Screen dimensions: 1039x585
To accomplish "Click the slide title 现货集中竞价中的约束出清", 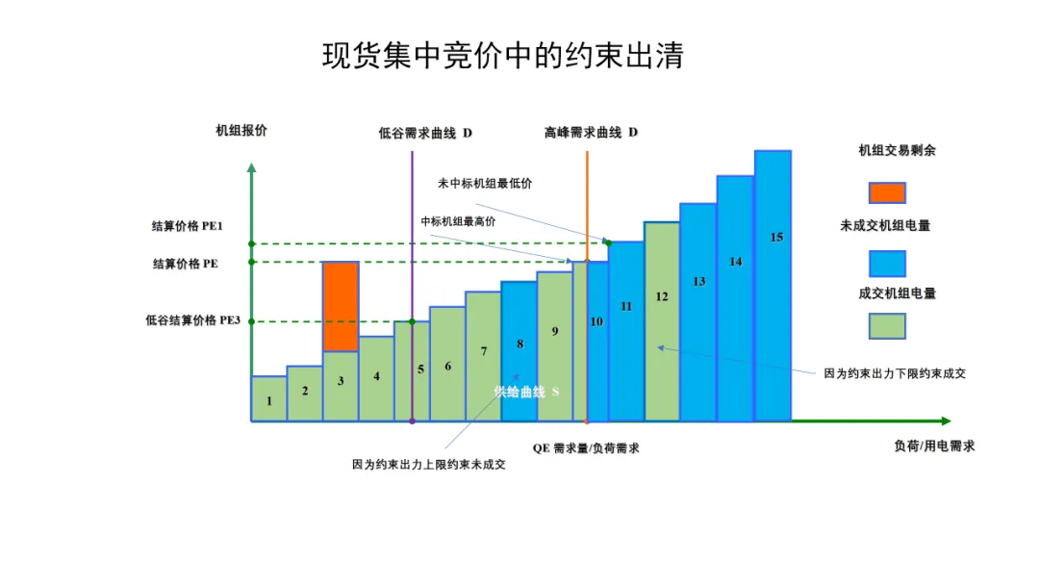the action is (x=502, y=55).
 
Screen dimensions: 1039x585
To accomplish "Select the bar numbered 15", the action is (x=773, y=289).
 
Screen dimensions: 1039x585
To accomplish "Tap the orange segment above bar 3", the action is (x=341, y=306).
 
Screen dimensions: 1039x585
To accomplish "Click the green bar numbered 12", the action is (x=662, y=322).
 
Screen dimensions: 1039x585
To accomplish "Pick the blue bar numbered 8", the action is (x=519, y=351).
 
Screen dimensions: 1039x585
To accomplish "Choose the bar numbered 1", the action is (x=269, y=399).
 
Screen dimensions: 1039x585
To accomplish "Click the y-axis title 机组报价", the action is (x=241, y=131).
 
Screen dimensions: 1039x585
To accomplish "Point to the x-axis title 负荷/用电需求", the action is (x=934, y=445).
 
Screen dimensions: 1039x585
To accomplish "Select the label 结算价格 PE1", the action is (x=188, y=226).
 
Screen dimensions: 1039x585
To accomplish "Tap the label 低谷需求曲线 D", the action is (x=425, y=132).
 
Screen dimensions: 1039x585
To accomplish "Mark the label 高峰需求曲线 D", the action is (x=591, y=132).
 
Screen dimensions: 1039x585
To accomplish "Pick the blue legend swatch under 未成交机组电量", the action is (x=887, y=263).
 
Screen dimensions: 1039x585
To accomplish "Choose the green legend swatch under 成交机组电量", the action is (x=887, y=326).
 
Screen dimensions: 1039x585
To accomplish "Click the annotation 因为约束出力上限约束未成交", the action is (x=429, y=464).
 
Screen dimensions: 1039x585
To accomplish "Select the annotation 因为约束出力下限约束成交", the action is (x=895, y=373).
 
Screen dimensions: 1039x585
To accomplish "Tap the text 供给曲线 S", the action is (x=527, y=392).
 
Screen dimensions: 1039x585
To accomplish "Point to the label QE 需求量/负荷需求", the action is (x=586, y=448).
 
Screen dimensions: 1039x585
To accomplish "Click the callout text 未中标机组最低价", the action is (x=485, y=183).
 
